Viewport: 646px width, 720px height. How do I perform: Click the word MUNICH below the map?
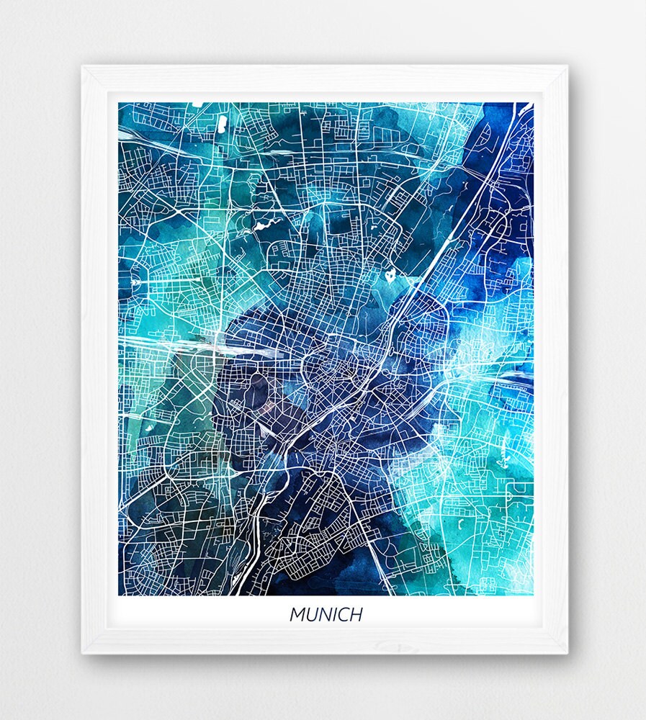click(x=326, y=615)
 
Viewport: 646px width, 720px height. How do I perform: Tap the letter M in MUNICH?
click(x=297, y=615)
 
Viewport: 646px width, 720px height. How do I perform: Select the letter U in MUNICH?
click(x=312, y=615)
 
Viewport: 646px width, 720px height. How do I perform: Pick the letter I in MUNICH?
click(x=336, y=615)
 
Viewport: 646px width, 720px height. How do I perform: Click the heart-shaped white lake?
click(x=390, y=274)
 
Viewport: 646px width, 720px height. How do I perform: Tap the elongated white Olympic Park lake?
click(x=259, y=225)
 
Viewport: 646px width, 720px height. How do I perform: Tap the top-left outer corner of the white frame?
click(x=82, y=66)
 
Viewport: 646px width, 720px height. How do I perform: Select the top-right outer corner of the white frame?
click(x=568, y=66)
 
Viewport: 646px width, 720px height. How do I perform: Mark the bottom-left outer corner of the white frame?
click(x=82, y=654)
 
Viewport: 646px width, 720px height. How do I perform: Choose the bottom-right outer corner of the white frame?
click(x=568, y=654)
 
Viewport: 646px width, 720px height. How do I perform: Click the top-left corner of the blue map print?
click(x=119, y=102)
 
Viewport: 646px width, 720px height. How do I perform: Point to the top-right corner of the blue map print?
click(x=533, y=102)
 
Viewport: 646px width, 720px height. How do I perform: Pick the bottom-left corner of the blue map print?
click(x=119, y=595)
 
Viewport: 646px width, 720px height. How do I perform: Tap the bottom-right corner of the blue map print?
click(x=533, y=595)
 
